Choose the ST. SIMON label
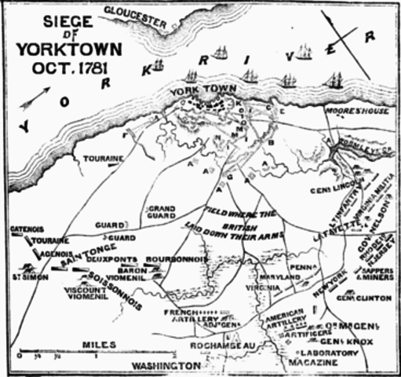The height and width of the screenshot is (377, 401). (27, 276)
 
